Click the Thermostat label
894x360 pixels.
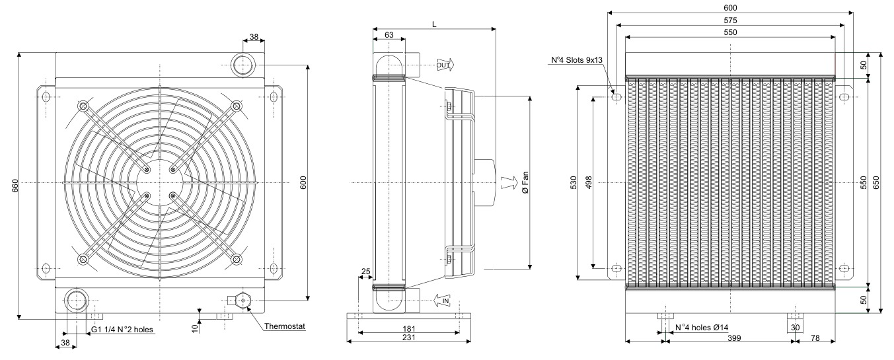(x=285, y=326)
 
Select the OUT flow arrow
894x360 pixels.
(x=445, y=65)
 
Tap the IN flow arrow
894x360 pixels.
(x=442, y=301)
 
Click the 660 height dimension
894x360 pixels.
(x=15, y=186)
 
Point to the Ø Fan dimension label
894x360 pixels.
(x=525, y=183)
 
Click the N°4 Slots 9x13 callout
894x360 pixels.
(x=577, y=60)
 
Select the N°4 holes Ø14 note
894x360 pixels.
(x=702, y=328)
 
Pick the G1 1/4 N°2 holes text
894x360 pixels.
(x=122, y=330)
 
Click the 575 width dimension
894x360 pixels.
(x=730, y=20)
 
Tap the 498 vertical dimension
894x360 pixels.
(x=588, y=182)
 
